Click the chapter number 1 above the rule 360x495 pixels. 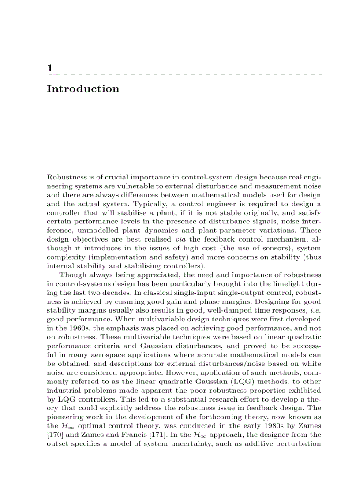point(50,68)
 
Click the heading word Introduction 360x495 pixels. point(83,89)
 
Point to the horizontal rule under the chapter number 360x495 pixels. point(184,75)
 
